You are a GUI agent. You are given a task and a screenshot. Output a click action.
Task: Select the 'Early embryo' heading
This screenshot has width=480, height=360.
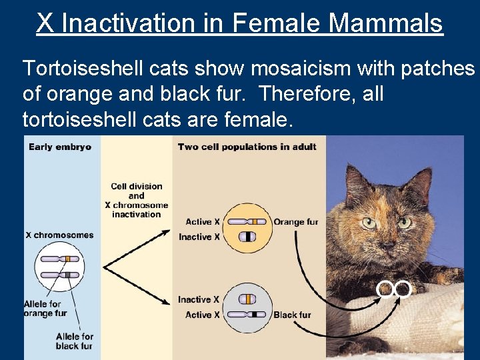[60, 147]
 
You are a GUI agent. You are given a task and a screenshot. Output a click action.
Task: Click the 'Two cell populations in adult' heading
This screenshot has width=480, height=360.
[247, 147]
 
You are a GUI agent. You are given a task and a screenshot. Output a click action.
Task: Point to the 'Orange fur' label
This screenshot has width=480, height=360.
[296, 222]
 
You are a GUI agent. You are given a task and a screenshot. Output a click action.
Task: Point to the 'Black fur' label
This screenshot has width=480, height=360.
[293, 315]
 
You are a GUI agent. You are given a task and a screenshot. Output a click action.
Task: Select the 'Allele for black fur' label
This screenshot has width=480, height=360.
[75, 341]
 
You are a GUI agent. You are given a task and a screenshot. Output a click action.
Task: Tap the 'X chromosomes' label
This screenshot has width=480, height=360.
[59, 235]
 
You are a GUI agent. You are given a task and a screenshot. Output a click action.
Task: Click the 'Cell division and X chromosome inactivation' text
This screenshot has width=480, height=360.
[136, 201]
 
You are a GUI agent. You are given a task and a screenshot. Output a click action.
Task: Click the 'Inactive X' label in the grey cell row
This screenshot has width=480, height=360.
[198, 300]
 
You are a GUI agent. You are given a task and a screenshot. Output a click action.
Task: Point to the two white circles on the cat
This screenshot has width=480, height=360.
[394, 288]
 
